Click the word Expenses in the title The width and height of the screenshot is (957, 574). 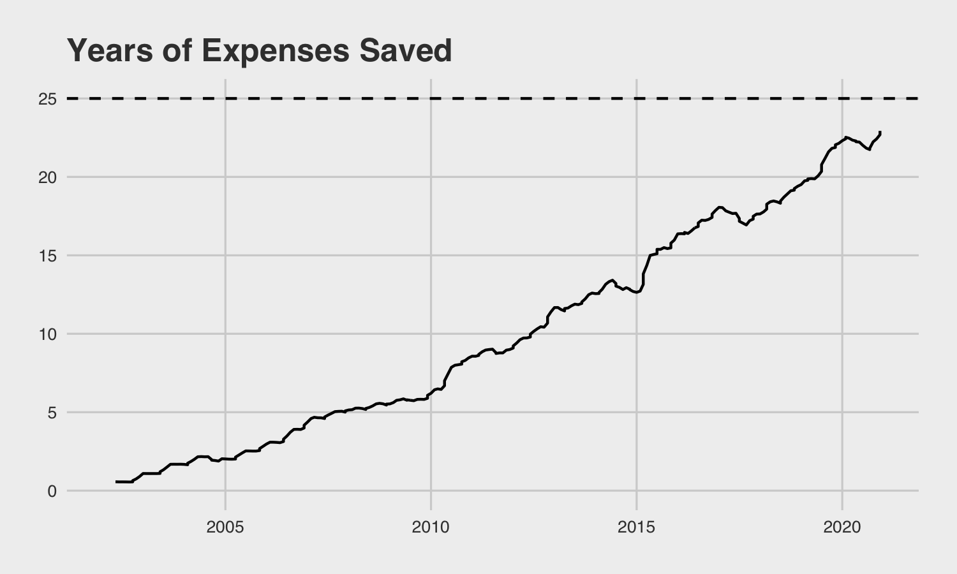tap(275, 50)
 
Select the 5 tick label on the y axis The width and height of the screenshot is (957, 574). tap(52, 413)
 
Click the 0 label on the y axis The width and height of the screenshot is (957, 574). tap(52, 491)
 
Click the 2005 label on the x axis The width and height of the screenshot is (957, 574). tap(225, 527)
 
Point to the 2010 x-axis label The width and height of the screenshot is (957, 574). tap(431, 527)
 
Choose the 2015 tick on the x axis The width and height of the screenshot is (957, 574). tap(637, 527)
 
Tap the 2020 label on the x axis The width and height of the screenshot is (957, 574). tap(843, 527)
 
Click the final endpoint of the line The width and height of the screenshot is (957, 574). tap(880, 132)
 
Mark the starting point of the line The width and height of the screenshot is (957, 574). tap(116, 482)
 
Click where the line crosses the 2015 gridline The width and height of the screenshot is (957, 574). tap(637, 292)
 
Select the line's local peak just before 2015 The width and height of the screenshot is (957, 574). tap(612, 280)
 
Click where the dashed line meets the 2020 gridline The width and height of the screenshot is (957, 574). tap(843, 99)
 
